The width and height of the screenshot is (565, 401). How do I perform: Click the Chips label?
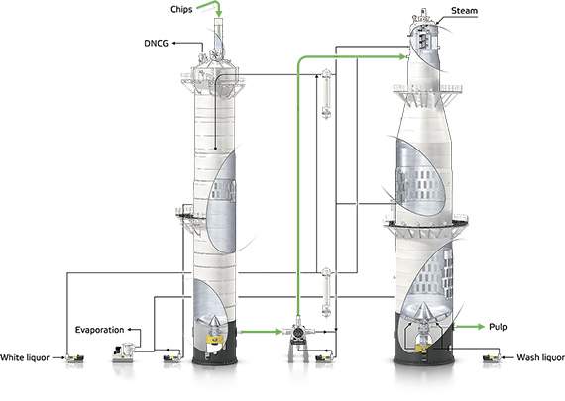point(181,10)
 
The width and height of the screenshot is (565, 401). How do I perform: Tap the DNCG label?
point(156,44)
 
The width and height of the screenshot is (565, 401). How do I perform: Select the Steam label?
point(465,11)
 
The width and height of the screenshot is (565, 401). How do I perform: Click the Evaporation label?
point(99,330)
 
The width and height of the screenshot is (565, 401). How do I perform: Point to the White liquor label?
point(25,357)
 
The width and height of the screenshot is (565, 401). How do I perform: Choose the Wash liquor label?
point(540,357)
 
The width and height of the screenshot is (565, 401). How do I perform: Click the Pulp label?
point(498,327)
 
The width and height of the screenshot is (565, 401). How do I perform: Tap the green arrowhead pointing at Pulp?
point(481,327)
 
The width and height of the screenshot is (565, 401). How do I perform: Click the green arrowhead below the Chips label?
point(219,14)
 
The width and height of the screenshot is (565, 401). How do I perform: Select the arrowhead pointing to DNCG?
point(173,43)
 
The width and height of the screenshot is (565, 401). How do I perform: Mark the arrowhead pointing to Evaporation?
point(130,330)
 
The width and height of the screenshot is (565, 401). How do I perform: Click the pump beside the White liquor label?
point(74,358)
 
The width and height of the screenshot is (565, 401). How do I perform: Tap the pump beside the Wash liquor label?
point(492,358)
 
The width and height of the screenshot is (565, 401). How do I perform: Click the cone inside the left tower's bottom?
point(214,322)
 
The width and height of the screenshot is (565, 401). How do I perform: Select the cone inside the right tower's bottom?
point(424,312)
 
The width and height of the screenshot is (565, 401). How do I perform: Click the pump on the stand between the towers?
point(298,332)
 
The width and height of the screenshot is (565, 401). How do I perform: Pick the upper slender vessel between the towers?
point(326,94)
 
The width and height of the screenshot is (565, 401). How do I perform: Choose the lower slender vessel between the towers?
point(326,293)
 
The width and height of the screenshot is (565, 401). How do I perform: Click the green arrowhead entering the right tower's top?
point(403,56)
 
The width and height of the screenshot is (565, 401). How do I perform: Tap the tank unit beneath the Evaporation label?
point(124,352)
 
